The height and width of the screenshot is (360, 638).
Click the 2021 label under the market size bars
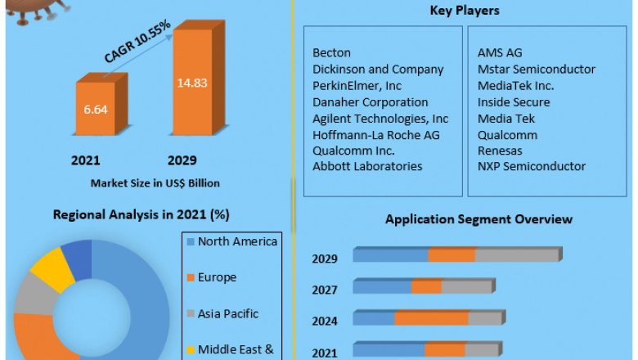86,160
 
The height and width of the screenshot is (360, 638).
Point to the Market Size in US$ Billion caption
155,182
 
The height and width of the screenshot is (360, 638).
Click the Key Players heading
465,11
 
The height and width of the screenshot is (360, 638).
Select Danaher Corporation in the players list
370,102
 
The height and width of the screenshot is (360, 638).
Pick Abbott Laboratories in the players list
367,166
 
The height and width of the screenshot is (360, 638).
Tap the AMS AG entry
500,53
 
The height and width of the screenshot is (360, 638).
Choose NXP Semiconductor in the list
532,166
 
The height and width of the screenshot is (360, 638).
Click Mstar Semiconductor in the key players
537,70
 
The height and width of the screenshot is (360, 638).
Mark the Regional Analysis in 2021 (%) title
141,215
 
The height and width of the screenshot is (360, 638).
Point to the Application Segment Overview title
478,219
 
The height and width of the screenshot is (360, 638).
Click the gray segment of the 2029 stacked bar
516,255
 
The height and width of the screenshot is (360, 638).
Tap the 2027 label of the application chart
325,290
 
